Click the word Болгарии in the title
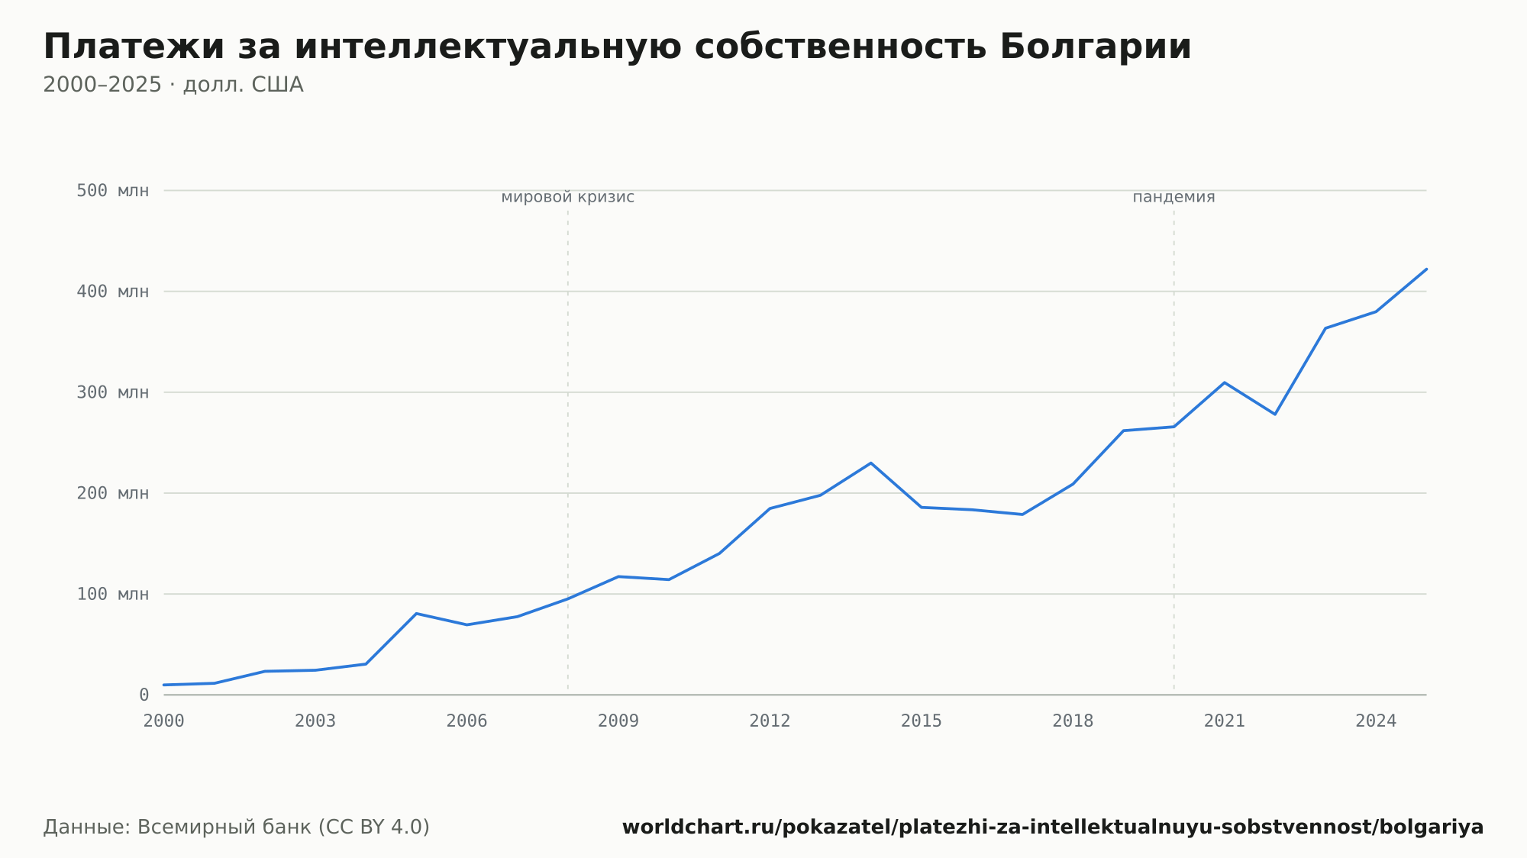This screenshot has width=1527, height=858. (x=1095, y=47)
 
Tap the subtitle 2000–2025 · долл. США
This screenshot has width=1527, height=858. (x=173, y=85)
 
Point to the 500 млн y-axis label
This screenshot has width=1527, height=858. (x=113, y=190)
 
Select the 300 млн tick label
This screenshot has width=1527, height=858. (x=113, y=392)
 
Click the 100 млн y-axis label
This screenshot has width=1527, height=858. (x=113, y=594)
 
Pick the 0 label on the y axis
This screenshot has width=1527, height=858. (x=144, y=695)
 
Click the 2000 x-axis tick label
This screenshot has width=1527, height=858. (x=164, y=721)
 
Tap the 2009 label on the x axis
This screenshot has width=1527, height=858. (x=618, y=721)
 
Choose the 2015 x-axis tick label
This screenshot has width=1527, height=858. (x=922, y=721)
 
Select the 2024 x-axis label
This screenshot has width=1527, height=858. (x=1376, y=721)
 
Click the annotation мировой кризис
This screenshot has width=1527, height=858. (x=568, y=197)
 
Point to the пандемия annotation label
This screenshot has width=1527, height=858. (x=1173, y=197)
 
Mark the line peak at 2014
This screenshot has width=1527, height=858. (x=870, y=463)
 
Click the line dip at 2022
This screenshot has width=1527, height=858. (x=1275, y=414)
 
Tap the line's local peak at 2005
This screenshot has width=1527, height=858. (x=416, y=613)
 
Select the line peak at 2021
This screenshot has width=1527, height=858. (x=1224, y=382)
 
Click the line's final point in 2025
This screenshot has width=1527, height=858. (x=1426, y=269)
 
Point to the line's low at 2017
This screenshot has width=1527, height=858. (x=1022, y=514)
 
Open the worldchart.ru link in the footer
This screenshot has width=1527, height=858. (x=1053, y=827)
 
